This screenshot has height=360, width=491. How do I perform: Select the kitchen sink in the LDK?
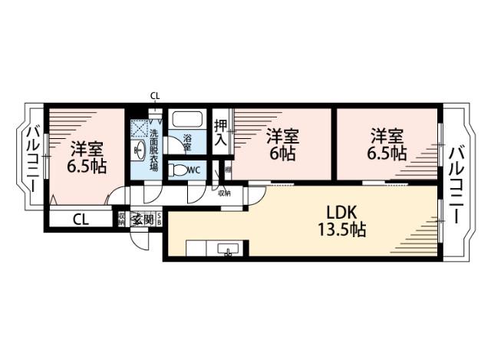point(228,249)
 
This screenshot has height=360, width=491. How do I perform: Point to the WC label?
point(194,170)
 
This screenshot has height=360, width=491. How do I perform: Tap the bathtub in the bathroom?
point(186,121)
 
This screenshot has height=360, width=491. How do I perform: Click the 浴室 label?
point(187,144)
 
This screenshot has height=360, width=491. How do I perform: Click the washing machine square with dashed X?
point(140,127)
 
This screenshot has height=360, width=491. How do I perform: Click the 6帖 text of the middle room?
point(282,153)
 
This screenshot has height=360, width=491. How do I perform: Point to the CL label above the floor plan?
point(155,96)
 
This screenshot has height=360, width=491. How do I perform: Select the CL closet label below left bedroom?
point(81,218)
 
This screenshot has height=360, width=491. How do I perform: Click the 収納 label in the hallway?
point(224,193)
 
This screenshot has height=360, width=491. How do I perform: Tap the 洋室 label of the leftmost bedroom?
point(87,148)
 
